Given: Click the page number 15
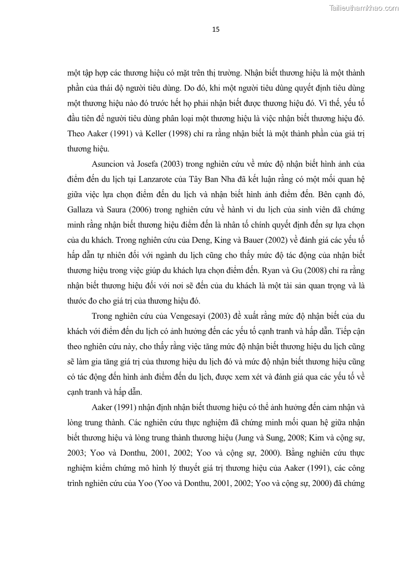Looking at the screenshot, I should point(216,29).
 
